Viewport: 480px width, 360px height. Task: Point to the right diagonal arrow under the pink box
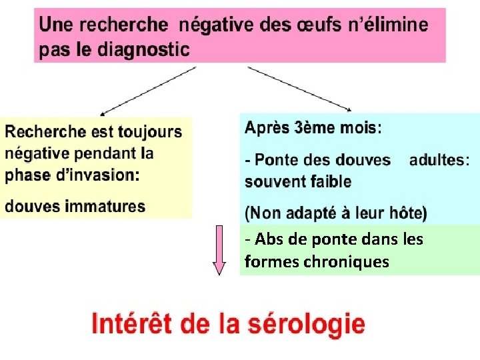299,88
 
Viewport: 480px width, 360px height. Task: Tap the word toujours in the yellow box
151,131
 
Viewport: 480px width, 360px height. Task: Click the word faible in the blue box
329,181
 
